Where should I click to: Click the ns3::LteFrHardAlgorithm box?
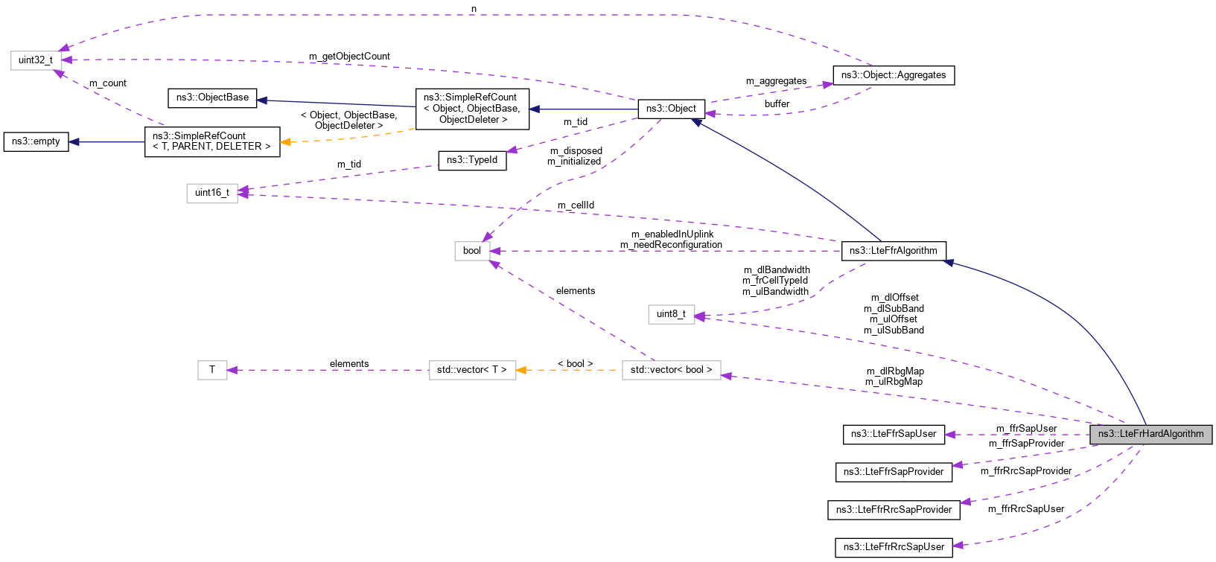click(x=1150, y=434)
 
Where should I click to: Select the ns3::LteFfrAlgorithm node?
click(x=893, y=251)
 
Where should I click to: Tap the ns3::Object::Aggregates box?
click(x=893, y=75)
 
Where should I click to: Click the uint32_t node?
click(x=36, y=60)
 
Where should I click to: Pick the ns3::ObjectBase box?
click(x=212, y=98)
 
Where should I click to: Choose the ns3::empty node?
click(x=36, y=141)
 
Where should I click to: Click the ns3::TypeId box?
click(x=472, y=160)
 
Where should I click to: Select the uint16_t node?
click(x=212, y=193)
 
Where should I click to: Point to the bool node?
click(x=472, y=251)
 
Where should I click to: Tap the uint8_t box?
click(x=671, y=314)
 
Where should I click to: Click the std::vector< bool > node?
click(x=671, y=370)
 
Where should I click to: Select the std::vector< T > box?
click(x=472, y=370)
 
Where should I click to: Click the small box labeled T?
click(x=212, y=370)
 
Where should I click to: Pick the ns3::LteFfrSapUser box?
click(x=894, y=434)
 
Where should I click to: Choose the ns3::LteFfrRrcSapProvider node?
click(x=894, y=510)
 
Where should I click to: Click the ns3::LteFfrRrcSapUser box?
click(x=894, y=547)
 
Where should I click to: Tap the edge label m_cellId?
click(x=576, y=205)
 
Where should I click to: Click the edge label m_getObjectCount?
click(x=349, y=57)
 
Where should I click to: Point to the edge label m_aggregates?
click(x=776, y=81)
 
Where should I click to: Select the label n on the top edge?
click(x=474, y=9)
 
